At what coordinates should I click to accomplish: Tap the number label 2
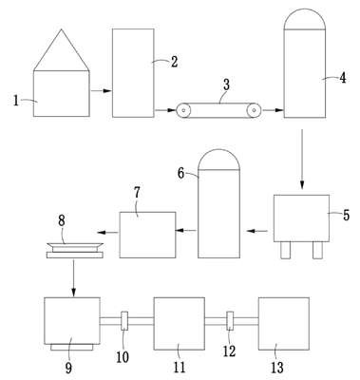[175, 62]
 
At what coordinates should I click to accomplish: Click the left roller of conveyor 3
[183, 110]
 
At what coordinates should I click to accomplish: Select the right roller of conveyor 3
[254, 110]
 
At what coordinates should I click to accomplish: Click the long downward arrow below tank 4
[302, 160]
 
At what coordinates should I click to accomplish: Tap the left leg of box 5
[285, 251]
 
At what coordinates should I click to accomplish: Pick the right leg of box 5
[317, 251]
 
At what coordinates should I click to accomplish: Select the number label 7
[137, 193]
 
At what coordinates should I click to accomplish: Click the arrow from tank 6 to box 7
[186, 230]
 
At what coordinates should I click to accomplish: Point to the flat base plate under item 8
[75, 255]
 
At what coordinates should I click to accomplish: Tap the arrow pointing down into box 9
[73, 278]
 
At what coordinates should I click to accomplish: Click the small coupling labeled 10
[124, 321]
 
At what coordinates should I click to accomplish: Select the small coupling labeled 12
[230, 321]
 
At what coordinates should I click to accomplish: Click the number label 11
[180, 368]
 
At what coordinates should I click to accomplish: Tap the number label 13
[277, 368]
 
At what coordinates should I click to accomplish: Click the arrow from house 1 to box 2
[102, 91]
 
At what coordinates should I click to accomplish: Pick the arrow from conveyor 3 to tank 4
[273, 110]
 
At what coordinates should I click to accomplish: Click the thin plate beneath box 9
[72, 348]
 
